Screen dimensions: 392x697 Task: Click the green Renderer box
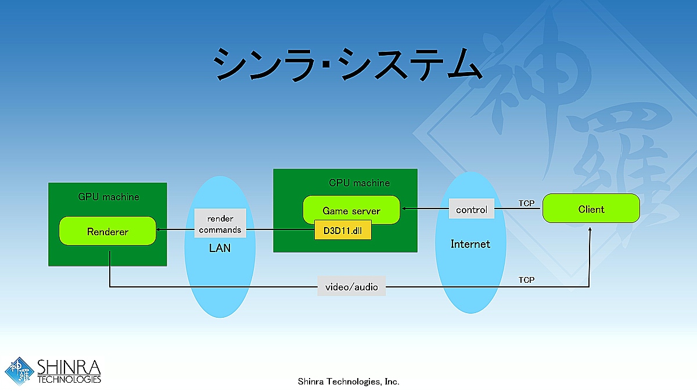tap(107, 231)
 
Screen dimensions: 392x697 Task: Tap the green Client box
tap(591, 209)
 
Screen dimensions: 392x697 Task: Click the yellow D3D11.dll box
tap(342, 231)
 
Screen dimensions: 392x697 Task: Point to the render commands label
tap(220, 224)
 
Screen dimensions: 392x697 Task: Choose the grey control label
tap(471, 210)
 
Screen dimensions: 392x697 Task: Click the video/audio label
tap(351, 286)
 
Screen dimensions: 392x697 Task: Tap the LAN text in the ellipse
tap(220, 249)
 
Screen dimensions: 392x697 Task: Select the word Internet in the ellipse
tap(470, 244)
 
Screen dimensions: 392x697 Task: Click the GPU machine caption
tap(109, 197)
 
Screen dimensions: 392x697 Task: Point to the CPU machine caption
tap(359, 183)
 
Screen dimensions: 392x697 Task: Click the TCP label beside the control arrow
tap(526, 203)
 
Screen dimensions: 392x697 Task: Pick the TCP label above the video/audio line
tap(526, 280)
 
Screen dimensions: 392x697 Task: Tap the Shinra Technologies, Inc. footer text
tap(348, 382)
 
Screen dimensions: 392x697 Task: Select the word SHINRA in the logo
tap(69, 368)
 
